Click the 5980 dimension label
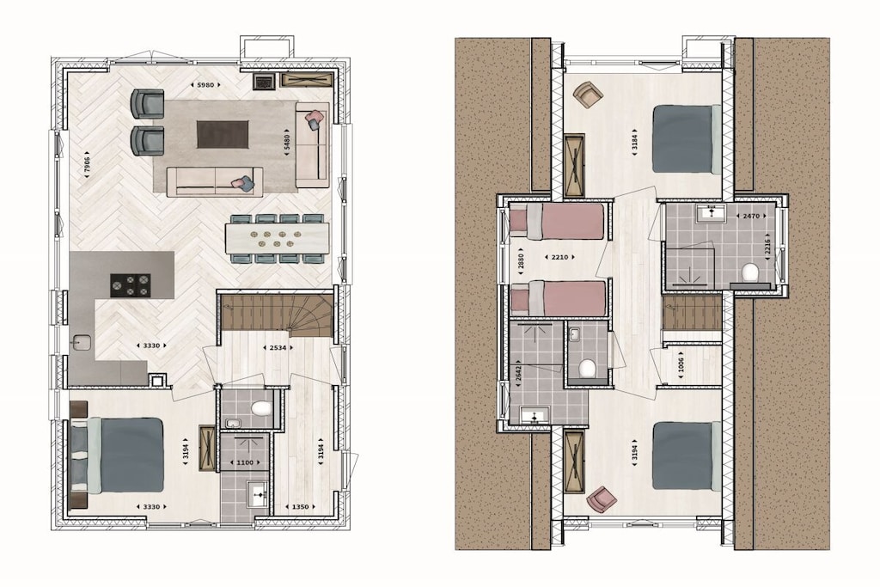[205, 85]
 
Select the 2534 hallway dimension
[278, 347]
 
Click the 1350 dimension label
[300, 507]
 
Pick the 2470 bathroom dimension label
[751, 216]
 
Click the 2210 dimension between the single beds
[559, 257]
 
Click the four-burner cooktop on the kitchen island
[131, 285]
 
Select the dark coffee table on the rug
[223, 134]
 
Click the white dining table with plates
[278, 238]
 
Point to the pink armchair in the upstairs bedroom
[601, 498]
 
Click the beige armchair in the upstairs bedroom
[588, 94]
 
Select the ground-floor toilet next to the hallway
[261, 408]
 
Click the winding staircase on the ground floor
[277, 315]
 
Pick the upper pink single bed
[556, 221]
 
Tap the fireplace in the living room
[263, 82]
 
